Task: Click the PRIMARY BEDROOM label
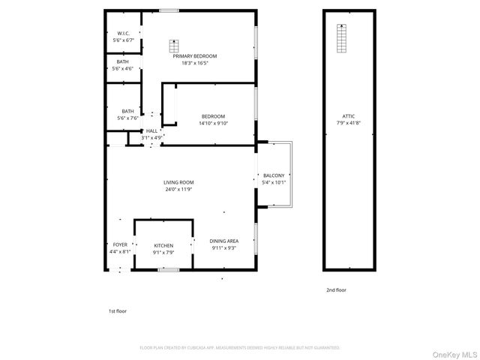(194, 56)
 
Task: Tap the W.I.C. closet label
(124, 34)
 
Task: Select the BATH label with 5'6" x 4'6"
(123, 61)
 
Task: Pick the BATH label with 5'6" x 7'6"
(128, 111)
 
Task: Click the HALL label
(151, 130)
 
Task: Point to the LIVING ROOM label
(179, 182)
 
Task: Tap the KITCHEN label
(163, 245)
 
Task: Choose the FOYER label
(120, 244)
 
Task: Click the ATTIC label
(348, 116)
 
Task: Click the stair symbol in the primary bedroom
(175, 43)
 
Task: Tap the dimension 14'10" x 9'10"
(212, 124)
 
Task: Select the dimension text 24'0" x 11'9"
(179, 190)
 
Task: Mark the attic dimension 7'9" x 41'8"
(348, 124)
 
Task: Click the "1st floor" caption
(118, 310)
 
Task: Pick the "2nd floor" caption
(336, 290)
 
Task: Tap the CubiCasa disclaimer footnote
(240, 348)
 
